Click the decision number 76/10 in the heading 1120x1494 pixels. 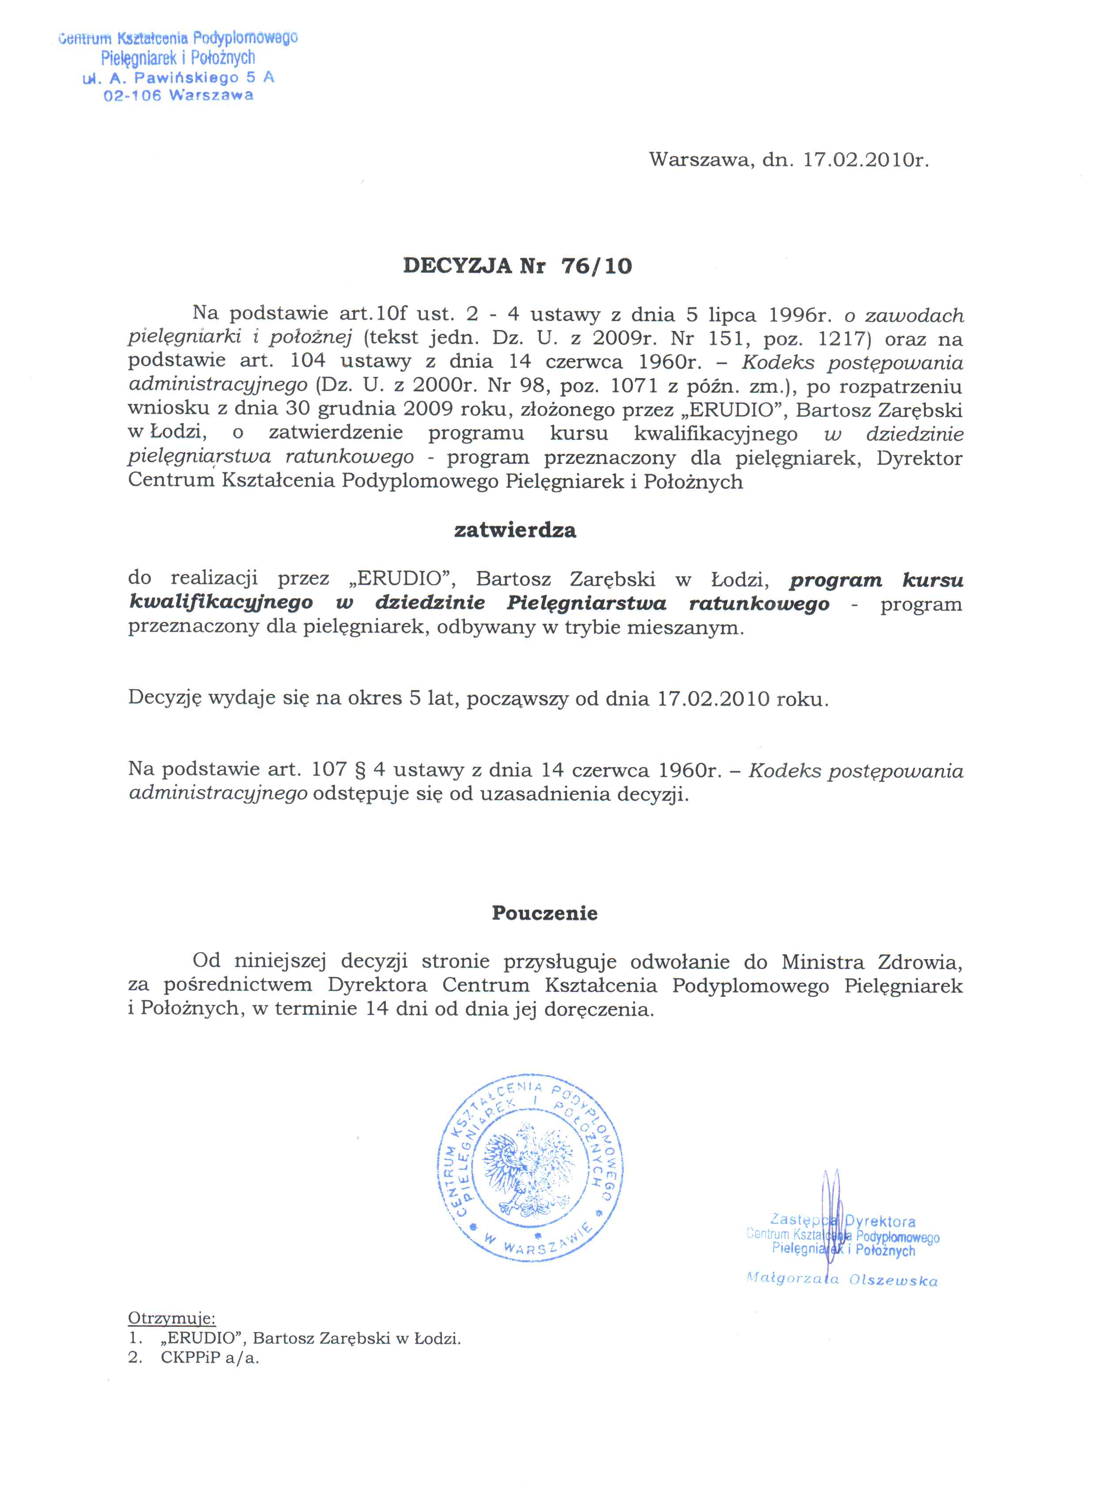click(x=596, y=266)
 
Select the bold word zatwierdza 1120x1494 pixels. click(x=515, y=530)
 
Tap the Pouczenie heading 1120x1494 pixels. click(x=544, y=913)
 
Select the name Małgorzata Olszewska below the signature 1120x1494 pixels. click(x=842, y=1280)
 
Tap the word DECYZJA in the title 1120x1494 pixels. click(x=457, y=266)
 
